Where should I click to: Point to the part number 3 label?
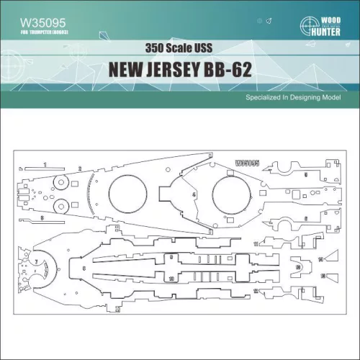(42, 217)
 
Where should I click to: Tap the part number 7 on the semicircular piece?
(35, 257)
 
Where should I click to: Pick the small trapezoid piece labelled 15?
(324, 276)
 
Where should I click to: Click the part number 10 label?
(171, 277)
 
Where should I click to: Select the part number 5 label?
(305, 175)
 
